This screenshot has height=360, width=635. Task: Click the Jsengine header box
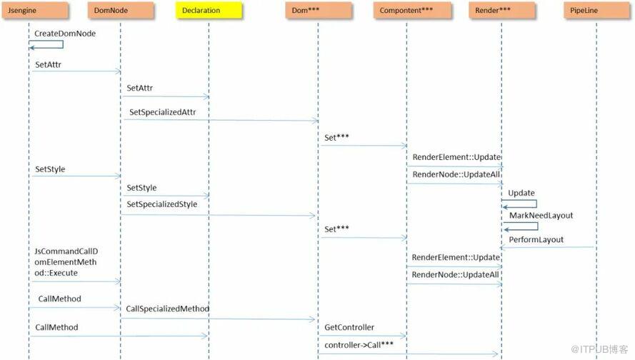(35, 11)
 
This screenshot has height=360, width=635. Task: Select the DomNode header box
(121, 11)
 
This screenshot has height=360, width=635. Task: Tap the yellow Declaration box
(209, 11)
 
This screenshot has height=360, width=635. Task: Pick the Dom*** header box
(319, 11)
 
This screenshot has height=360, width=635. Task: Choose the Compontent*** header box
(412, 11)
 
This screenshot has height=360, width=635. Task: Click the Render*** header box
(502, 11)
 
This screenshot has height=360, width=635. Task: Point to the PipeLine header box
(597, 11)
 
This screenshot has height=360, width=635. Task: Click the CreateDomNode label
(65, 34)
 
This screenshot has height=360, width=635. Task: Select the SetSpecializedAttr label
(162, 112)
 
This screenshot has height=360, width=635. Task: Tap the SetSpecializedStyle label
(162, 204)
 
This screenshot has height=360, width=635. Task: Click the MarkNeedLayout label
(541, 216)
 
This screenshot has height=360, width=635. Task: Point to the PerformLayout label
(536, 240)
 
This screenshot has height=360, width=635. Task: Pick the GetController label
(349, 327)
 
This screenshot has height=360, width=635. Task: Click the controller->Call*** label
(359, 345)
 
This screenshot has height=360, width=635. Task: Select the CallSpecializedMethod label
(167, 309)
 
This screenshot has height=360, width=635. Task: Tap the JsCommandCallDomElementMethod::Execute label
(66, 262)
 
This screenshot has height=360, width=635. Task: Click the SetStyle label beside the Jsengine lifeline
(50, 169)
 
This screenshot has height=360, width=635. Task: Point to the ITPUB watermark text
(599, 349)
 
